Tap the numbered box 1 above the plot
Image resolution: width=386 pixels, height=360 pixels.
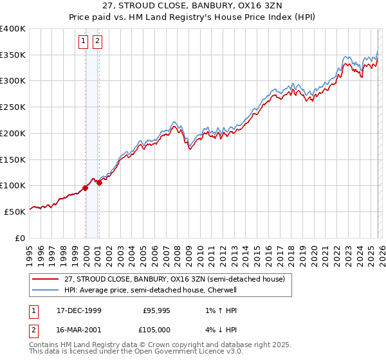(84, 42)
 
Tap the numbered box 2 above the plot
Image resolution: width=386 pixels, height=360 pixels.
(97, 42)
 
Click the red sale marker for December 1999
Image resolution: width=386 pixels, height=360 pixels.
(86, 188)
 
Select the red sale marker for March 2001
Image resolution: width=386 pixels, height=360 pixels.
(100, 183)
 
